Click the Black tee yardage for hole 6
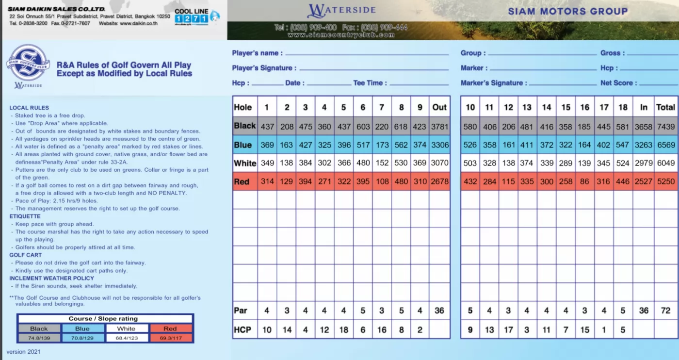tap(363, 127)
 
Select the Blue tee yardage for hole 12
tap(508, 145)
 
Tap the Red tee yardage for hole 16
tap(585, 182)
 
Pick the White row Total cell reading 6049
tap(665, 164)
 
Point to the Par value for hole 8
tap(401, 311)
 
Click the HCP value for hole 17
tap(604, 330)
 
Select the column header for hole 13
tap(527, 107)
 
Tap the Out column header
tap(439, 107)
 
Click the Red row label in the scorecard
tap(242, 182)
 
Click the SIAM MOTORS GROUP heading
tap(568, 11)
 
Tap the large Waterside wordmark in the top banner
tap(341, 11)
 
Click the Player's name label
tap(255, 53)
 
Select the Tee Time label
tap(370, 83)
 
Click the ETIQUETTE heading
tap(25, 216)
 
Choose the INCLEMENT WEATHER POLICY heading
tap(51, 278)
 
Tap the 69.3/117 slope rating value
tap(170, 338)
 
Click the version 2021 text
tap(23, 352)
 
